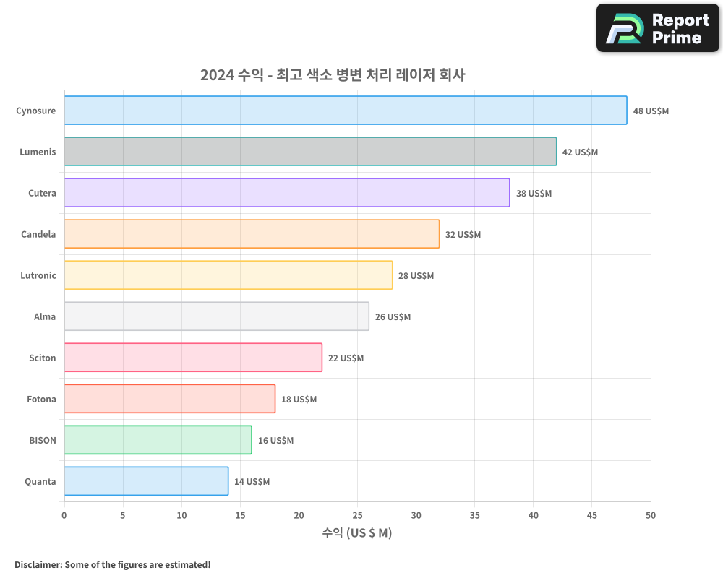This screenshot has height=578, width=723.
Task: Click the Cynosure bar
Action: (x=346, y=111)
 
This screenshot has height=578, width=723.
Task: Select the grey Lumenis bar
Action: (x=310, y=152)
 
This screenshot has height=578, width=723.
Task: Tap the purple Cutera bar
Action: (x=287, y=193)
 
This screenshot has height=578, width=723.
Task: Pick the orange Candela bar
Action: (x=252, y=234)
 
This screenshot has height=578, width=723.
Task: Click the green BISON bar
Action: (x=158, y=440)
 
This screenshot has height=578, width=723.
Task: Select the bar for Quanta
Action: (x=146, y=481)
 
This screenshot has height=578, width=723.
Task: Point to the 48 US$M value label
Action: (x=651, y=111)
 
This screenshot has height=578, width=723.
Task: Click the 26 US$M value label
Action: (x=393, y=317)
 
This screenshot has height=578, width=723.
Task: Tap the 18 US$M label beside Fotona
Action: (x=299, y=400)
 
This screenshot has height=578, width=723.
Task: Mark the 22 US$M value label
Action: (x=346, y=358)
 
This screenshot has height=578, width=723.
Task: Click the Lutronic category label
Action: (x=38, y=276)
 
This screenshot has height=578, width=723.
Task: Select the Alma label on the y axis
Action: (x=45, y=317)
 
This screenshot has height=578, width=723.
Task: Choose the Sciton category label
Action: (x=42, y=358)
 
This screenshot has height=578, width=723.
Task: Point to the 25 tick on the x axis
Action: (x=357, y=515)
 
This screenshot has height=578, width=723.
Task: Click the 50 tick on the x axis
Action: (x=651, y=515)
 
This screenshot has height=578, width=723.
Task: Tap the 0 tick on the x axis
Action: (x=64, y=515)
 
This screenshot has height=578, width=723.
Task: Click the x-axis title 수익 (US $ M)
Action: (x=357, y=533)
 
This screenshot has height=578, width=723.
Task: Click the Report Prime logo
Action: (x=658, y=28)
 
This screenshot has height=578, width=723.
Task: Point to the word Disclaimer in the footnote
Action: (x=38, y=564)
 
